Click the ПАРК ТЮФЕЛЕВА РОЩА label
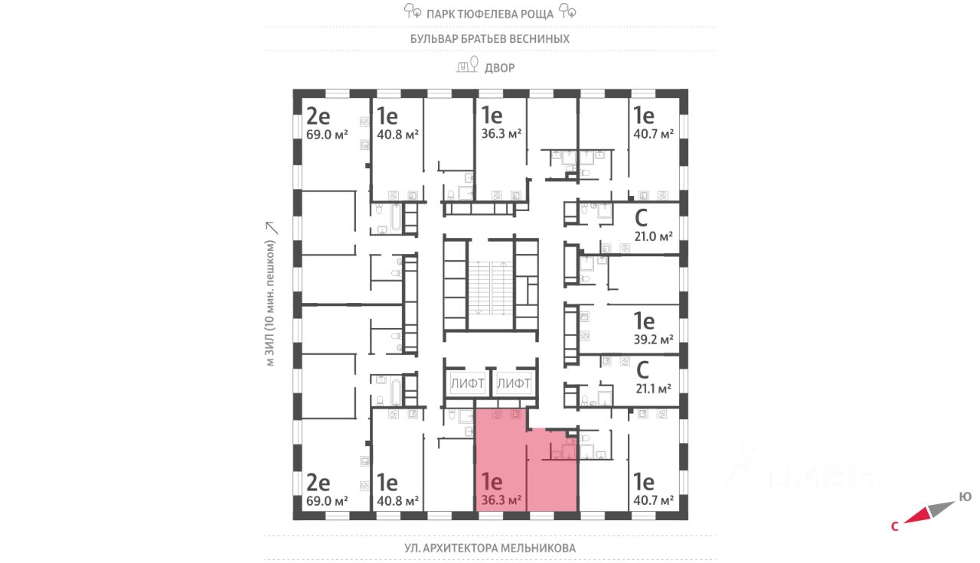(x=490, y=13)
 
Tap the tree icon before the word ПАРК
(x=413, y=11)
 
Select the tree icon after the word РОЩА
(x=567, y=11)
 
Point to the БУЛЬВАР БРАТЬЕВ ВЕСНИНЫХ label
(x=490, y=38)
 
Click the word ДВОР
(x=500, y=68)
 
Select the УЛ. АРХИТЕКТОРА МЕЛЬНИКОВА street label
(x=490, y=548)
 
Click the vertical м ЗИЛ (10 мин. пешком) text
(x=270, y=304)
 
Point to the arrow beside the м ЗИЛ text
(x=270, y=227)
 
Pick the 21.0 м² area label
(x=653, y=236)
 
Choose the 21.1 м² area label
(x=653, y=388)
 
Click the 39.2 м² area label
(x=653, y=340)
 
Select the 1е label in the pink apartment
(x=491, y=482)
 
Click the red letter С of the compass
(x=894, y=526)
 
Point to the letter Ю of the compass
(x=965, y=497)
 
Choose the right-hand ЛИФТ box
(x=514, y=382)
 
